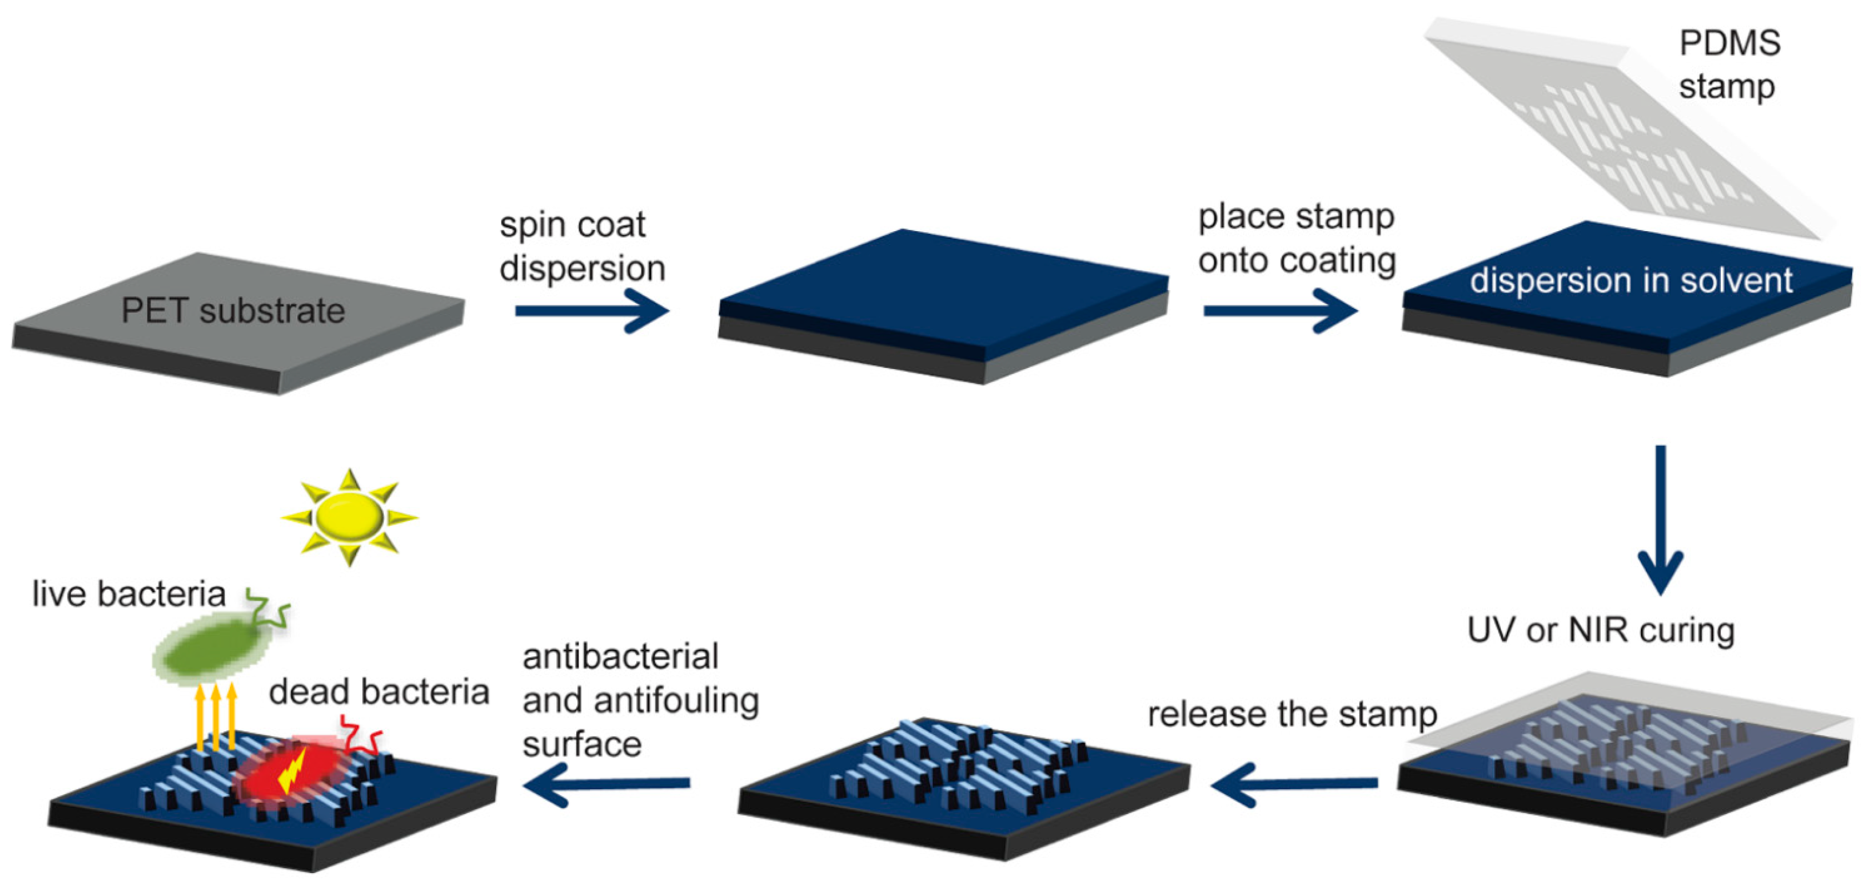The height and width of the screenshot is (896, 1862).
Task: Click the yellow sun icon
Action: coord(350,517)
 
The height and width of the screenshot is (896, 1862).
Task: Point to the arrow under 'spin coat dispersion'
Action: coord(591,311)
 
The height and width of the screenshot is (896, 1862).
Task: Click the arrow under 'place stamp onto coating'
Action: coord(1279,311)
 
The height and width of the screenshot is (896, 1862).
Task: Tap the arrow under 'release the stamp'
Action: coord(1294,783)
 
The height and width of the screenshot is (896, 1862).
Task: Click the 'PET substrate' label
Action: coord(233,311)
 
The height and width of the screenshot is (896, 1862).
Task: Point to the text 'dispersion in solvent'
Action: coord(1630,280)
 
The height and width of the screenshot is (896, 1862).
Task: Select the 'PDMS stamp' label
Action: coord(1729,65)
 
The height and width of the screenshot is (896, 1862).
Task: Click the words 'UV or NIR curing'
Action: coord(1600,631)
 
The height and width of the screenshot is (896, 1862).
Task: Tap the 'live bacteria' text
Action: coord(129,594)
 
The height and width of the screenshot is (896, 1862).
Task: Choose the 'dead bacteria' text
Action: coord(379,692)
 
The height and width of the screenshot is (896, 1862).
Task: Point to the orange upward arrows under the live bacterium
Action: coord(216,716)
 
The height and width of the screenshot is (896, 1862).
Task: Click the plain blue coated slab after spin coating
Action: coord(940,290)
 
